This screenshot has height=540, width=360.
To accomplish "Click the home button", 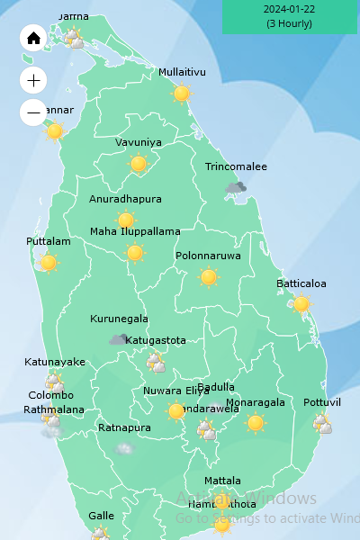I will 33,38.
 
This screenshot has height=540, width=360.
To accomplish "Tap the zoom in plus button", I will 33,80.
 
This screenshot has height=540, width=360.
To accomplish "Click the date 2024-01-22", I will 289,9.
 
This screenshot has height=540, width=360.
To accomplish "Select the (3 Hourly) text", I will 289,23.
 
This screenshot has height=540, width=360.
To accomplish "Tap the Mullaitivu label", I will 182,72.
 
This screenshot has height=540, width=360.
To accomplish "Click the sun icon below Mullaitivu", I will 182,94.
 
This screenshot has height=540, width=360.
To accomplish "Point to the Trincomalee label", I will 236,167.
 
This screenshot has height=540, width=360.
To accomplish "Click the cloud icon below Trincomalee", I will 236,187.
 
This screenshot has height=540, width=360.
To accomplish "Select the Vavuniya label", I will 139,142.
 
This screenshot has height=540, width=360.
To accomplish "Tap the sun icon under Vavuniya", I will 139,164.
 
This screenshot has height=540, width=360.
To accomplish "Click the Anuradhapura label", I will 125,199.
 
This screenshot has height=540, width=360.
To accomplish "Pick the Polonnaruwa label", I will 208,256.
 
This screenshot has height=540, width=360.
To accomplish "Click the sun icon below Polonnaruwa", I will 209,277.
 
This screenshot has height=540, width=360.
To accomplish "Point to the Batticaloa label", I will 301,283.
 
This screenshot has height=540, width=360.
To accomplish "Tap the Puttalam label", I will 49,241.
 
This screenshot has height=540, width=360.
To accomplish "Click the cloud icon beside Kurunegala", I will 119,339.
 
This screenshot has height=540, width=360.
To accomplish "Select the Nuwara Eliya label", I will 175,391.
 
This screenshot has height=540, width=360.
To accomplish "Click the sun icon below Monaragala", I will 256,422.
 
